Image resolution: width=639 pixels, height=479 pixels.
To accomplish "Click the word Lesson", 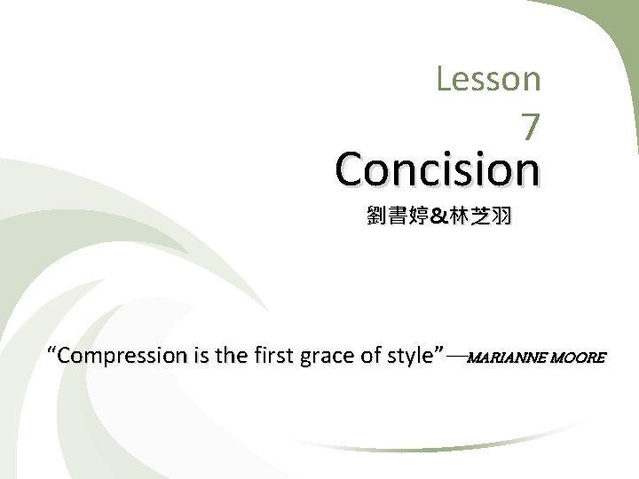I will (488, 79).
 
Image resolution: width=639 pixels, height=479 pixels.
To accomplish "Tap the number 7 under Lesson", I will (530, 129).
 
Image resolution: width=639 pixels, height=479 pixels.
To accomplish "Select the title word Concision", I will (438, 169).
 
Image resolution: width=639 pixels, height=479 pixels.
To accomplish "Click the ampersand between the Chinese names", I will (440, 215).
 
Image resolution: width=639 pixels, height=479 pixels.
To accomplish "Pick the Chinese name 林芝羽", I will (479, 215).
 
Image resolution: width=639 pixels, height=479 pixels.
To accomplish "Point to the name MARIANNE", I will (506, 358).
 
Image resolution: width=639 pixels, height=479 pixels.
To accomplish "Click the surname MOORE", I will (579, 358).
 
